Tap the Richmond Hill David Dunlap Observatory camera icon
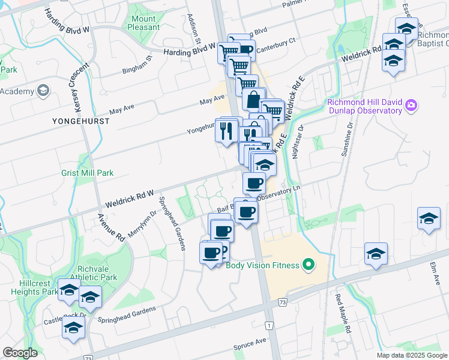411,106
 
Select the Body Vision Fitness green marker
309,264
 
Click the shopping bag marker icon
254,100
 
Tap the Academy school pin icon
43,91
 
